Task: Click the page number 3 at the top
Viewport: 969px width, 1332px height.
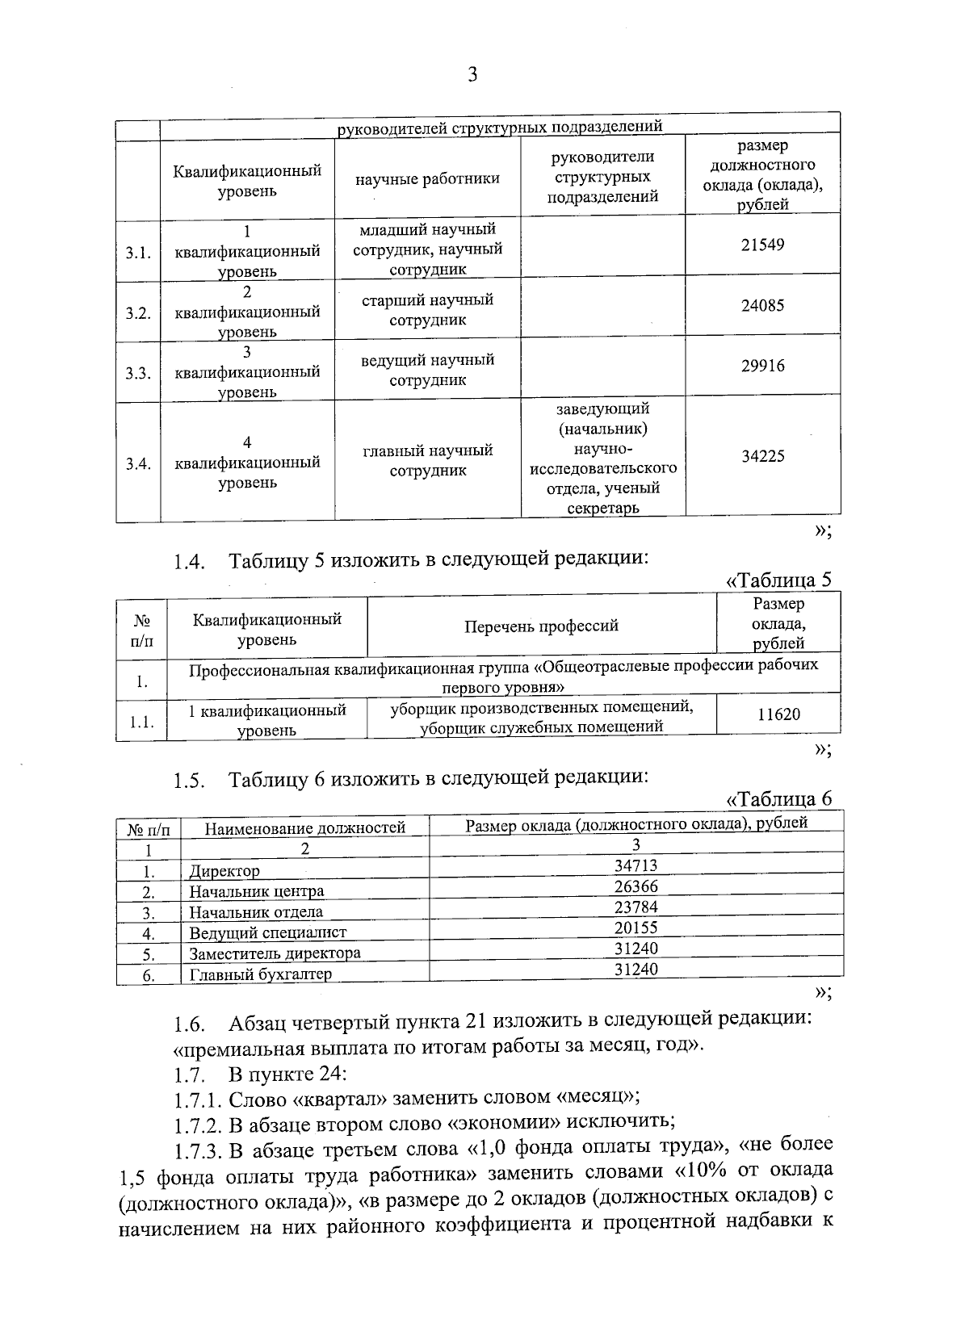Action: pos(472,75)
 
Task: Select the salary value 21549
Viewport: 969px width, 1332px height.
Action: pos(762,245)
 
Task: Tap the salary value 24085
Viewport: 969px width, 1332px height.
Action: pos(762,306)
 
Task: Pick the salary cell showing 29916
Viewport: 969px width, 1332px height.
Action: pos(762,366)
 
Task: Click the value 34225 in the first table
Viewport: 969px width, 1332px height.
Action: pos(762,456)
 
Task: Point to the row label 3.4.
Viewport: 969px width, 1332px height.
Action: pos(138,464)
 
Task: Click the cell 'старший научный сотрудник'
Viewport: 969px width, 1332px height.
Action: pos(427,310)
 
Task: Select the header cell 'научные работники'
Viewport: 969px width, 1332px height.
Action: pos(427,179)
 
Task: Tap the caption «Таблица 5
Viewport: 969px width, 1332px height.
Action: pos(778,580)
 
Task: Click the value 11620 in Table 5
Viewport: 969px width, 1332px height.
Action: pos(778,714)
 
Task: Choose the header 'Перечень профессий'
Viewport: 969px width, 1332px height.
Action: pos(541,626)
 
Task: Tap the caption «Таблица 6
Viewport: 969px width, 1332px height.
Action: pos(778,798)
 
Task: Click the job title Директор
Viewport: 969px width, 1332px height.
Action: pos(224,871)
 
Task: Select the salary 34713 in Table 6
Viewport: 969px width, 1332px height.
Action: pos(636,865)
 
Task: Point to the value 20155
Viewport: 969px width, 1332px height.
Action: pos(636,928)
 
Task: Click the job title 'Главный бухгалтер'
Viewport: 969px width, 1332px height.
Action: pos(260,974)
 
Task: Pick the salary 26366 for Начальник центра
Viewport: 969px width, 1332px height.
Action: pos(636,886)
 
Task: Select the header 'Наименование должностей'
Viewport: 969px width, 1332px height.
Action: pos(304,827)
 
